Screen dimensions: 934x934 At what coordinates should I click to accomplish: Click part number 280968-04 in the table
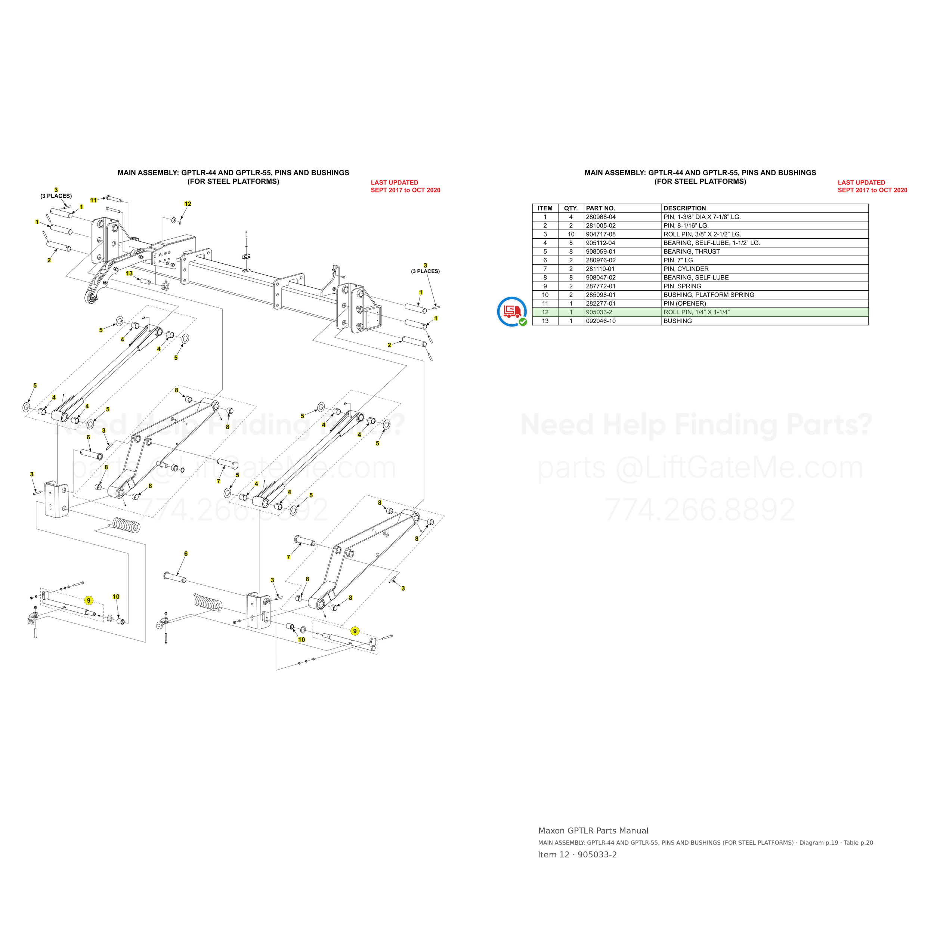pos(600,217)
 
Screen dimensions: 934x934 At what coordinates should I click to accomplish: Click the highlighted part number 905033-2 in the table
pos(599,312)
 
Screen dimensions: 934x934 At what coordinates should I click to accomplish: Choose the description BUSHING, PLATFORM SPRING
pos(709,295)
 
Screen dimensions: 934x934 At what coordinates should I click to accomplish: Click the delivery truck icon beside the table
pos(512,312)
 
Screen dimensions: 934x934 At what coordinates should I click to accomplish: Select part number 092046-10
pos(600,321)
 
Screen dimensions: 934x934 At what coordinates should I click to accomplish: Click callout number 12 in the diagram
pos(188,204)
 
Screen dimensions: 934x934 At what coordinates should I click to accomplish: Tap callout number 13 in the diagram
pos(129,273)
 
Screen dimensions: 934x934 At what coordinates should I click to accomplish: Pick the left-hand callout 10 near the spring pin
pos(116,597)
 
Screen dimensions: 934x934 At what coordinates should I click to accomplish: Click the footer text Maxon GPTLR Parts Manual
pos(593,831)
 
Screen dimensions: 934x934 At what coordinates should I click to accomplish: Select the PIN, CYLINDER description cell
pos(686,269)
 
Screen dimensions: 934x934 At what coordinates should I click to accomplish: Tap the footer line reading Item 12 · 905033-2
pos(577,854)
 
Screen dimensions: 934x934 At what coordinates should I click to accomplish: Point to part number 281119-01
pos(600,269)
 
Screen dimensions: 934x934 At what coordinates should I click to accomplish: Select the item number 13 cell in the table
pos(545,321)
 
